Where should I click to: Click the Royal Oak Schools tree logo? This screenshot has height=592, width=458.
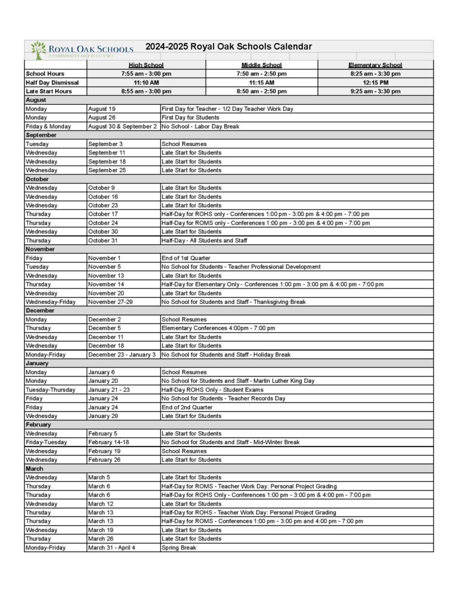click(38, 49)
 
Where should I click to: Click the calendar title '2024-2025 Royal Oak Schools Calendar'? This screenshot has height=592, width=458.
click(228, 46)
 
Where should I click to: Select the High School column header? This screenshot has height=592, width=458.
click(146, 65)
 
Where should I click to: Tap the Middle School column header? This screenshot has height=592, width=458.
click(261, 65)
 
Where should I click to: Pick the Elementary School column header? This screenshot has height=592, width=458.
click(375, 65)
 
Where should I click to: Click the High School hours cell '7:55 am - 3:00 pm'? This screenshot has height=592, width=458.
click(146, 74)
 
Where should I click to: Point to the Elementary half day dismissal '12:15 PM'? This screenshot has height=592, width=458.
click(375, 83)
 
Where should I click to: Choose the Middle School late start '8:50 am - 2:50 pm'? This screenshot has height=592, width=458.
click(261, 92)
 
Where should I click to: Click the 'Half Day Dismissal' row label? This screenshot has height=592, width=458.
click(52, 83)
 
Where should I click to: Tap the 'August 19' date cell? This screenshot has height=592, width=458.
click(102, 109)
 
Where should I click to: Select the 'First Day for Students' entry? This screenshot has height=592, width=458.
click(190, 118)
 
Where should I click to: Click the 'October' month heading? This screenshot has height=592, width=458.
click(37, 179)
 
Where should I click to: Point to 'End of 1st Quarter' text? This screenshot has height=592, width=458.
click(185, 258)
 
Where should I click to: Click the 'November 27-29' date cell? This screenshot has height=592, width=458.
click(110, 302)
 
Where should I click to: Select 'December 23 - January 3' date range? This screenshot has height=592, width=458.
click(122, 354)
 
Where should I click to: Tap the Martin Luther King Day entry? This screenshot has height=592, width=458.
click(238, 381)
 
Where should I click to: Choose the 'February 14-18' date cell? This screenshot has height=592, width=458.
click(108, 443)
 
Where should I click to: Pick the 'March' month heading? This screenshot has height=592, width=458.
click(34, 469)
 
